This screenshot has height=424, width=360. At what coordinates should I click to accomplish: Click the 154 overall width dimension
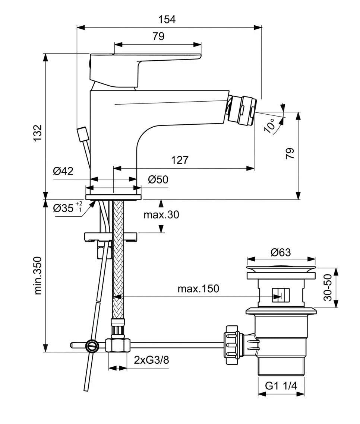[167, 19]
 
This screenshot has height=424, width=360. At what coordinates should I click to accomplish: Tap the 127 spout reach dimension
[180, 160]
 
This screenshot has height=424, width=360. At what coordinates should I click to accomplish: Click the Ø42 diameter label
[63, 171]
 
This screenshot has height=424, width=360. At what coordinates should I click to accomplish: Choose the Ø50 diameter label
[158, 179]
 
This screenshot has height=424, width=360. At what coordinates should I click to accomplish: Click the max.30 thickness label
[161, 215]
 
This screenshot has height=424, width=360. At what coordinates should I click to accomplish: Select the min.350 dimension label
[38, 275]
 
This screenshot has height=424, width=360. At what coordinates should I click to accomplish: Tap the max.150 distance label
[198, 288]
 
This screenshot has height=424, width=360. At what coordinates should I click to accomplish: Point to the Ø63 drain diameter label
[281, 252]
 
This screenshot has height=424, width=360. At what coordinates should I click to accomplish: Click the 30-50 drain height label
[328, 288]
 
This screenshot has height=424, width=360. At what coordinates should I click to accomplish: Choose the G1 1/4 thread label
[281, 386]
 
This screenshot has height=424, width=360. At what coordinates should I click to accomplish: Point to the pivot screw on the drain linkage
[92, 346]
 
